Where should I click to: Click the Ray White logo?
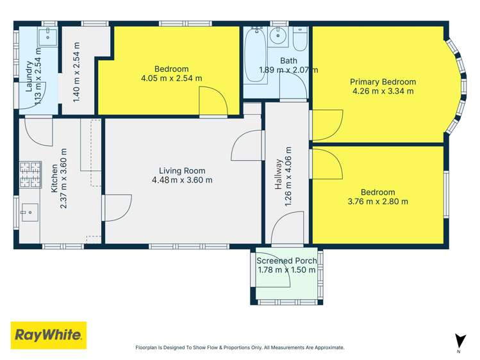(49, 335)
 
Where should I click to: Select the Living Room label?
(182, 170)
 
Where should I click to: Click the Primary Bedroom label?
(383, 82)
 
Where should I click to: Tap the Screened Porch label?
(286, 261)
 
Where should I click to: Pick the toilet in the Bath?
(299, 42)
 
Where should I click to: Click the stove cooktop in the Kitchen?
(30, 174)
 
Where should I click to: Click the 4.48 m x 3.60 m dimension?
(182, 180)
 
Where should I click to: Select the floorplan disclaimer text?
(240, 348)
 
